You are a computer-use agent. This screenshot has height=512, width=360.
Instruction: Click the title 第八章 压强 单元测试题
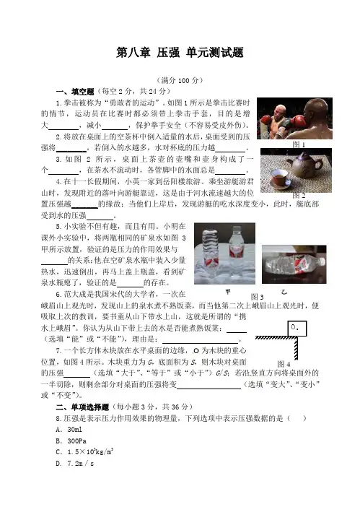point(180,53)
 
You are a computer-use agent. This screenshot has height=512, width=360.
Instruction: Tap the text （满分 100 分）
point(180,80)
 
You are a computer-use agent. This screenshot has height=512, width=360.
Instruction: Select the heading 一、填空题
point(75,92)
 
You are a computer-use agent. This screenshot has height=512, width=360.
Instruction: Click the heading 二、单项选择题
point(82,407)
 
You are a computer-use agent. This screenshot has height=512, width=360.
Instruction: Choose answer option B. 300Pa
point(71,441)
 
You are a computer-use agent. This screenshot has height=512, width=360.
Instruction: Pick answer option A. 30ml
point(69,430)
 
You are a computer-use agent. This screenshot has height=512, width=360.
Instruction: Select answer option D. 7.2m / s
point(75,464)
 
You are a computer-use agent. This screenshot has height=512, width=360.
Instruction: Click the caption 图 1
point(299,144)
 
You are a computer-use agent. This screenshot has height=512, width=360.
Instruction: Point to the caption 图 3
point(258,297)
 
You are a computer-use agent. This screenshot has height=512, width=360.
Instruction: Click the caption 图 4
point(284,364)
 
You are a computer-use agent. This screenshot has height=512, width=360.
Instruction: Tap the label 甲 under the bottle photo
point(228,292)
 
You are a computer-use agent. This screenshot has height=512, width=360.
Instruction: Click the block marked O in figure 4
point(297,329)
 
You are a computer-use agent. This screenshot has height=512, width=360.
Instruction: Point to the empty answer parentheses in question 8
point(297,418)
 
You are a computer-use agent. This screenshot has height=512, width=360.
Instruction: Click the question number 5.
point(58,227)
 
